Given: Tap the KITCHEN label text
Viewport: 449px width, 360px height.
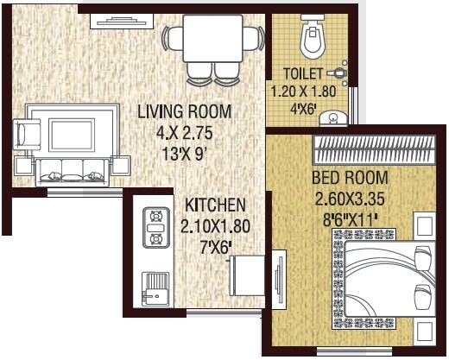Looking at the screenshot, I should click(216, 205).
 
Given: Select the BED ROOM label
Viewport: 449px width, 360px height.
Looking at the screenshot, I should click(350, 179).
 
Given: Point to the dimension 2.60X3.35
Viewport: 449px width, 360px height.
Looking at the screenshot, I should click(350, 198).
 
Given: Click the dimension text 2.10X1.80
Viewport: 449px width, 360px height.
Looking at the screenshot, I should click(216, 226).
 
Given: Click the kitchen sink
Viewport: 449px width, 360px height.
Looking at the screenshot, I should click(155, 287).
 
